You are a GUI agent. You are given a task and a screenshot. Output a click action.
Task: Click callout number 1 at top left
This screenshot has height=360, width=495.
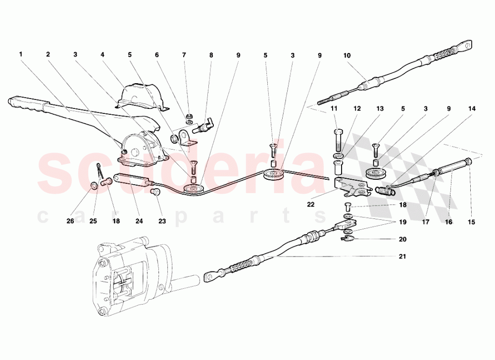click(x=21, y=54)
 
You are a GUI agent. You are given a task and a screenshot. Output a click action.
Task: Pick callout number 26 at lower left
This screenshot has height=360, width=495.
click(x=71, y=221)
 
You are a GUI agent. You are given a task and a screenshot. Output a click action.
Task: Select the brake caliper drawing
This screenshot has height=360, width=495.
click(x=129, y=277)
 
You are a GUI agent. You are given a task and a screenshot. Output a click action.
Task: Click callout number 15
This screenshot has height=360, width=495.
click(x=471, y=222)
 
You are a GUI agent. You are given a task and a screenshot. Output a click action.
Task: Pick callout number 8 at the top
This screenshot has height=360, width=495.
click(x=211, y=54)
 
